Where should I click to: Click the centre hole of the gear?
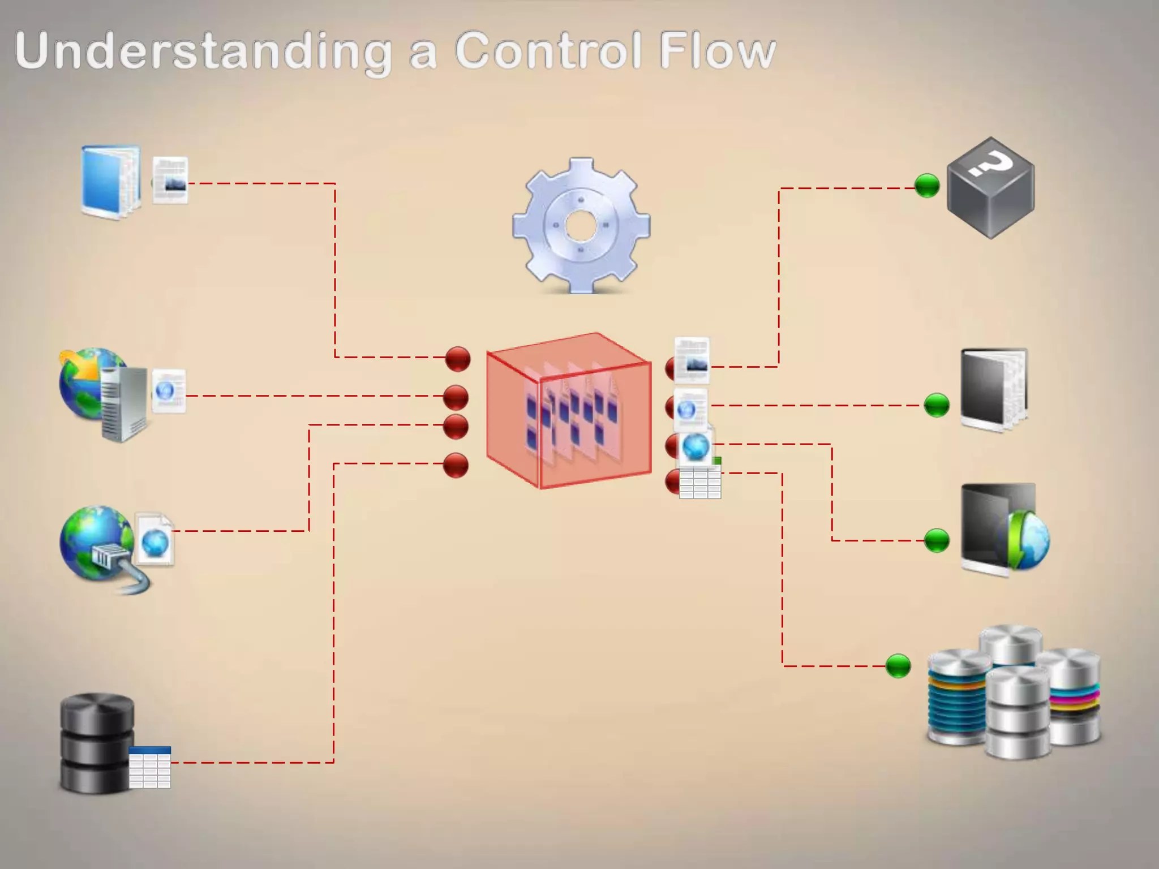(x=581, y=226)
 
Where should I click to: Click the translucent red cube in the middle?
(x=569, y=411)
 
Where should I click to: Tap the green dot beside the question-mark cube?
(x=927, y=186)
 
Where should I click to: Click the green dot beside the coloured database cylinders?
(x=898, y=666)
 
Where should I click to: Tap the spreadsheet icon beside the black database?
(x=150, y=767)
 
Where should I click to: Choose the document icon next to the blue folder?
(x=170, y=180)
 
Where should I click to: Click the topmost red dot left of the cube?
(x=458, y=359)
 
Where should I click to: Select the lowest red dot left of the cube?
(x=456, y=465)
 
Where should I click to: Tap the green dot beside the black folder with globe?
(x=937, y=540)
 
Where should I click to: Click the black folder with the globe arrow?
(x=1002, y=529)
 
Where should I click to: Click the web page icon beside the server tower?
(x=169, y=391)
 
